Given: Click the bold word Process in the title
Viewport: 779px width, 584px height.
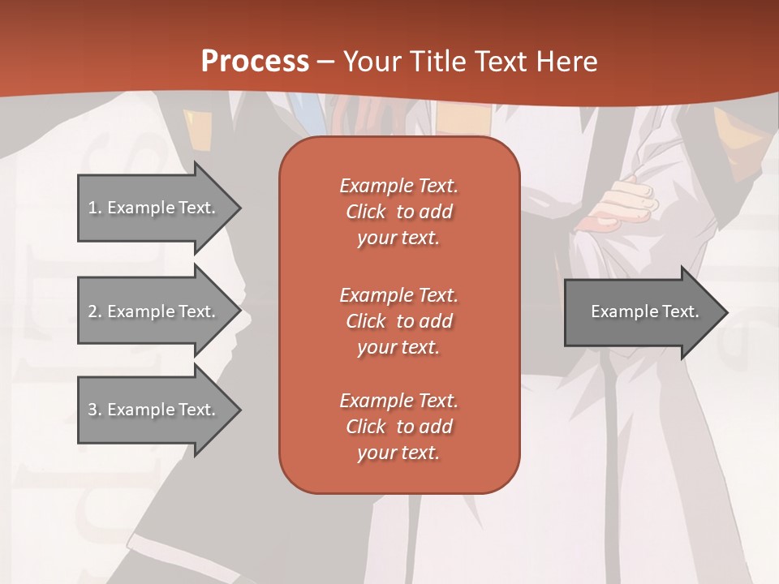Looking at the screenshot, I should coord(255,62).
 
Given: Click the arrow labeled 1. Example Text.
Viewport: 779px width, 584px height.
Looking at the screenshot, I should coord(154,208).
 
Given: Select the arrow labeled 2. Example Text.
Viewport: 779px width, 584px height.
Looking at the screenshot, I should coord(154,311).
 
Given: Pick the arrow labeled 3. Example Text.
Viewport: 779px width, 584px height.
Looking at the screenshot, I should coord(154,410).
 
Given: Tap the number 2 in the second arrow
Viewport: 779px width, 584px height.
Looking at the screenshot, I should coord(93,311).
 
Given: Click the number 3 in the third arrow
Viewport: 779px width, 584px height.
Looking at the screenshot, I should coord(93,410).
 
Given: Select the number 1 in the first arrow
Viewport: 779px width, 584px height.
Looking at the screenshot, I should coord(93,208).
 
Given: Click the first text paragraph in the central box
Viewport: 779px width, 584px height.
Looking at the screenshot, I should coord(398,212).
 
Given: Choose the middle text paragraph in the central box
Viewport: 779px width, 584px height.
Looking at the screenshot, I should coord(398,320).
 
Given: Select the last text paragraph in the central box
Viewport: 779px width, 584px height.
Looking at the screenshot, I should coord(398,427).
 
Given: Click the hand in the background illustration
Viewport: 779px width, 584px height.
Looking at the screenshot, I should coord(625,203).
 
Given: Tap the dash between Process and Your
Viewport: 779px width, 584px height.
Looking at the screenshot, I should coord(325,62).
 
